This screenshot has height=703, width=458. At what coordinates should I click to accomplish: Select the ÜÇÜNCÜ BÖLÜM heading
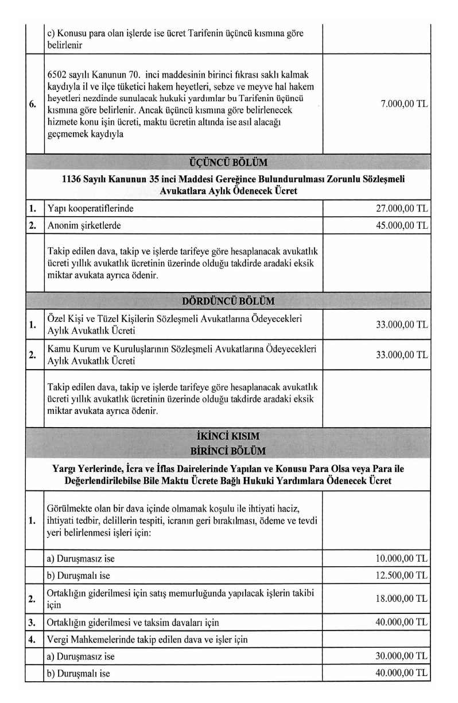click(228, 161)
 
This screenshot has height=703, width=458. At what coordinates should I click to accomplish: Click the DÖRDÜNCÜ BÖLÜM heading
click(228, 301)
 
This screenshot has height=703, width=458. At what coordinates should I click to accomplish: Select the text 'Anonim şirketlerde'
click(84, 225)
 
